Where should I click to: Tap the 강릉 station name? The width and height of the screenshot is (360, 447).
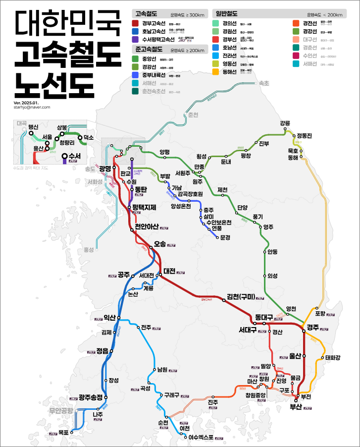tap(285, 123)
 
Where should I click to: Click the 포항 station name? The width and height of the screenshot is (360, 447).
tap(320, 314)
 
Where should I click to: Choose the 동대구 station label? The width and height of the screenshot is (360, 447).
tap(260, 317)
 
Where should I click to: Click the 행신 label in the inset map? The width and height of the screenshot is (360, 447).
tap(33, 127)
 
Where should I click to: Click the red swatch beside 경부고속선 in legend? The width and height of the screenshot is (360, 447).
tap(135, 23)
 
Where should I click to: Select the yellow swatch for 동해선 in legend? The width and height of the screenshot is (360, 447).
tap(216, 72)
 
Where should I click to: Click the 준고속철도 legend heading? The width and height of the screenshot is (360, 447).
tap(149, 50)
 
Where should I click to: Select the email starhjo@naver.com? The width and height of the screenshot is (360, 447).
tap(32, 107)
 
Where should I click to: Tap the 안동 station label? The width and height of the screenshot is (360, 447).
tap(272, 252)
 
